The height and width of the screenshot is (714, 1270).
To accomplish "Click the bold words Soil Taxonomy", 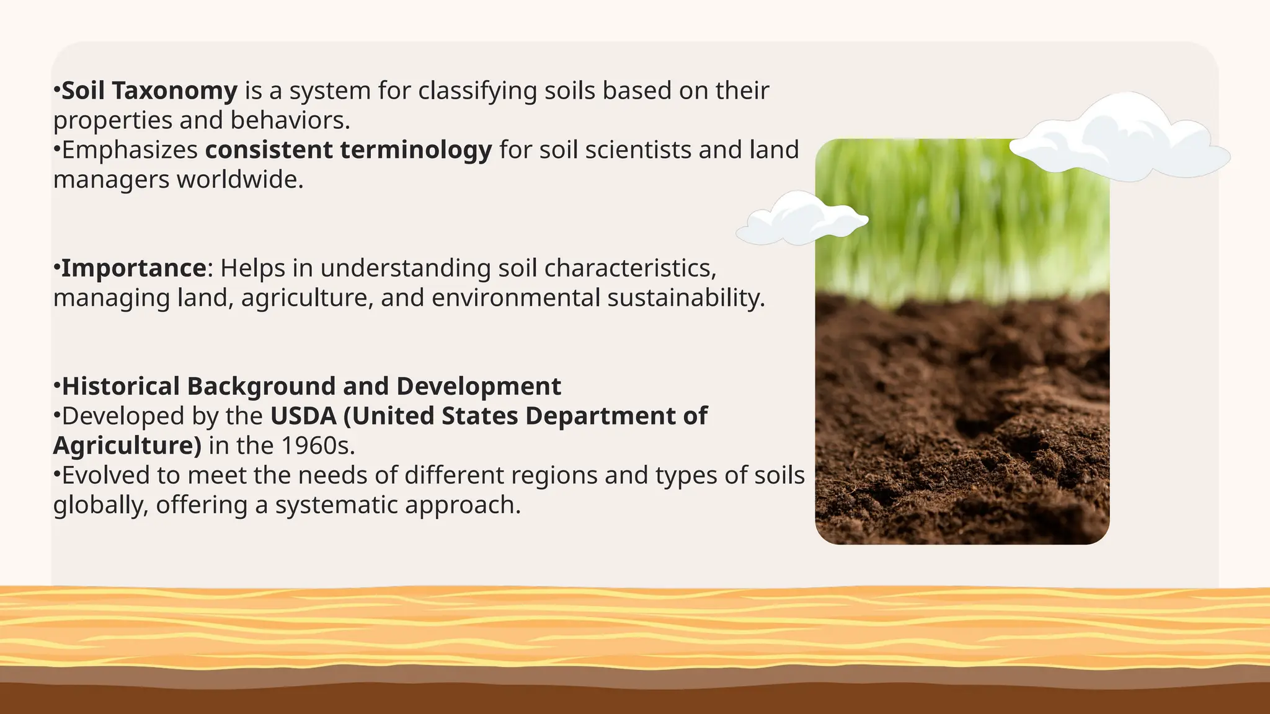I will pyautogui.click(x=149, y=91).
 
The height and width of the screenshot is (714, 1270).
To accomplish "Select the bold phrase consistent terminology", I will pyautogui.click(x=349, y=150).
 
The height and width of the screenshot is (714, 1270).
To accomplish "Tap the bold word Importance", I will pyautogui.click(x=133, y=268).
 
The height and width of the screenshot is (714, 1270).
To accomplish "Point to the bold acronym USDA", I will pyautogui.click(x=303, y=416).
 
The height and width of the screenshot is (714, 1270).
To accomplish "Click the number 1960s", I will pyautogui.click(x=317, y=446).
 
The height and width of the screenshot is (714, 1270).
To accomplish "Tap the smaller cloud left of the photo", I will pyautogui.click(x=800, y=219).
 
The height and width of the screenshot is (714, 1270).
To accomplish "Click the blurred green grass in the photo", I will pyautogui.click(x=961, y=217).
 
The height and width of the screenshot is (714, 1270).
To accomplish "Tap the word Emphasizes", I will pyautogui.click(x=130, y=150).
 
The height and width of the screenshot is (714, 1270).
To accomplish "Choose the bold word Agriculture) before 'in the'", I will pyautogui.click(x=127, y=446).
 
